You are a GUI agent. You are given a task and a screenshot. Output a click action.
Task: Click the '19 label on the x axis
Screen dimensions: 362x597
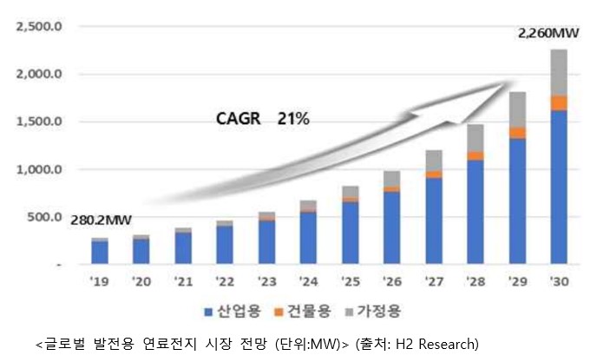coord(98,281)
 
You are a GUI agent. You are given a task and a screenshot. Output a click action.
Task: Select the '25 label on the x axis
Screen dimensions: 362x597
coord(349,281)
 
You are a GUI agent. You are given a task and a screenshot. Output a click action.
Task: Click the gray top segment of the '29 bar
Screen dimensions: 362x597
coord(516,109)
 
